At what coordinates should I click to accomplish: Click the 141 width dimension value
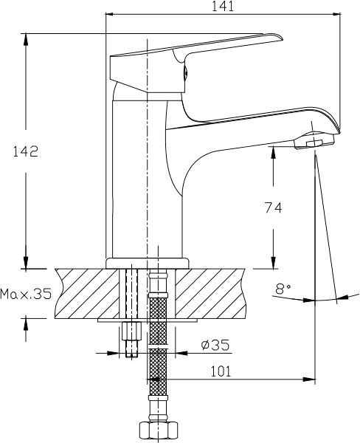click(x=223, y=6)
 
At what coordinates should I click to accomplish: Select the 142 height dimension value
click(x=25, y=151)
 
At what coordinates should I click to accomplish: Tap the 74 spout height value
click(x=273, y=207)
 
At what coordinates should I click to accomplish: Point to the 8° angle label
click(x=283, y=289)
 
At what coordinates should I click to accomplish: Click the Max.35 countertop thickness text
click(x=26, y=294)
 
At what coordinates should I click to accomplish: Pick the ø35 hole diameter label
click(x=215, y=345)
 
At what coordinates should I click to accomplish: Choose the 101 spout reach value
click(x=221, y=371)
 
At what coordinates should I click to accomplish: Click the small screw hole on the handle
click(x=185, y=73)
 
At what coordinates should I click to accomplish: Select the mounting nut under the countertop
click(x=131, y=331)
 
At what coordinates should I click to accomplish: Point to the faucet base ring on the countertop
click(x=147, y=263)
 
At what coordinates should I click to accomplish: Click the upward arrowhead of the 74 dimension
click(x=273, y=151)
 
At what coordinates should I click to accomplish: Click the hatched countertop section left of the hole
click(x=88, y=294)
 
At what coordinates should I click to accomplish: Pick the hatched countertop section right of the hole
click(x=210, y=294)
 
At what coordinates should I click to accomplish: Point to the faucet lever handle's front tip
click(x=282, y=38)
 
